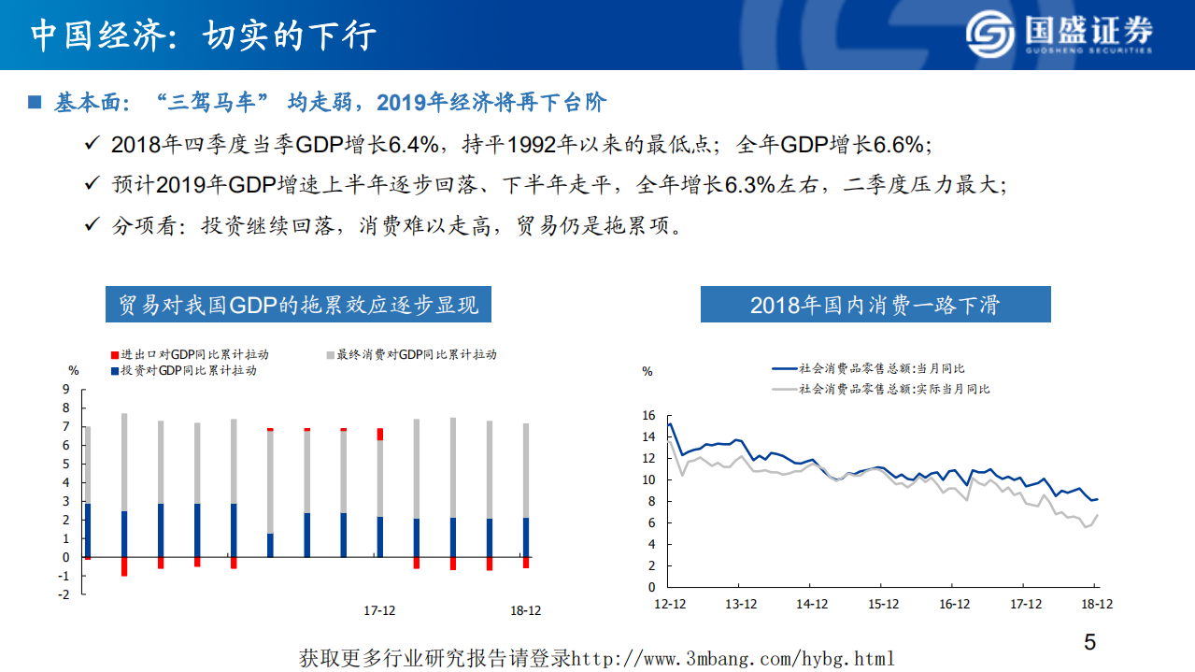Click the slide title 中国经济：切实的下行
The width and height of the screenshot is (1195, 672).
pos(204,36)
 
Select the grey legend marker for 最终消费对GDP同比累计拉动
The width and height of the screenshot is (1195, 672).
pos(330,355)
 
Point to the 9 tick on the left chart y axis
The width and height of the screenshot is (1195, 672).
pos(65,390)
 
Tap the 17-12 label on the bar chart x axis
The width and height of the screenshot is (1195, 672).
pos(378,610)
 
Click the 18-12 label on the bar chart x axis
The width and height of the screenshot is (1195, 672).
pos(524,610)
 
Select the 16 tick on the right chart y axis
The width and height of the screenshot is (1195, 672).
pos(649,416)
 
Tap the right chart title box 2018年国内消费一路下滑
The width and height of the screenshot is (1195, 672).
pos(875,305)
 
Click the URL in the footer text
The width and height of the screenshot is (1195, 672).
pos(733,658)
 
